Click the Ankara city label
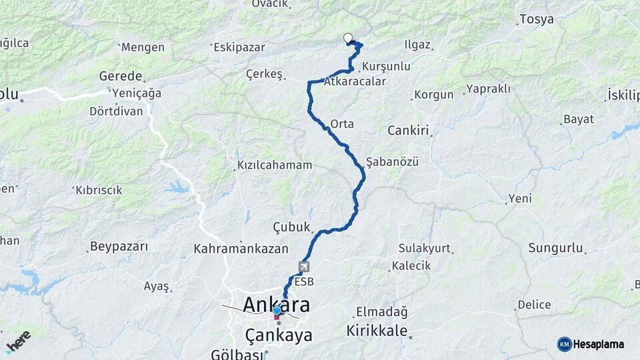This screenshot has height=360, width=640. (276, 305)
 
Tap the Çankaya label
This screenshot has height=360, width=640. (279, 335)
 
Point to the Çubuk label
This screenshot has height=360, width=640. (292, 227)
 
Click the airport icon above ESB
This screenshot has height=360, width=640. (304, 267)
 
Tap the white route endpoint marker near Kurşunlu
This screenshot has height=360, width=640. (347, 38)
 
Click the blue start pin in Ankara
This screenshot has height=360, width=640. (277, 311)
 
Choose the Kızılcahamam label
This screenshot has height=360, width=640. (274, 165)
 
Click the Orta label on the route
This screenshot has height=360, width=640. (342, 124)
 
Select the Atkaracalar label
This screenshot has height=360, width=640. (355, 82)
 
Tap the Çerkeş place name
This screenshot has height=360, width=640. (265, 74)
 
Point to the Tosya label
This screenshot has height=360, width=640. (536, 19)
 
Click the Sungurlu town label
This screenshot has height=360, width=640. (556, 249)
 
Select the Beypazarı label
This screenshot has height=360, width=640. (119, 247)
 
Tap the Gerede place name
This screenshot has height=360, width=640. (121, 76)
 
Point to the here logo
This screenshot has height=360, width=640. (19, 341)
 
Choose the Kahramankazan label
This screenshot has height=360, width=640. (241, 249)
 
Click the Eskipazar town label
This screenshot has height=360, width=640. (239, 47)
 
